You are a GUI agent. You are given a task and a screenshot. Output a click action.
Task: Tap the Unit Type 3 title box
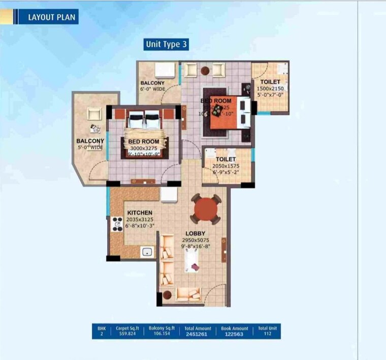click(167, 44)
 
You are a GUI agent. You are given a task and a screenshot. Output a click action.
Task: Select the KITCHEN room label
click(140, 213)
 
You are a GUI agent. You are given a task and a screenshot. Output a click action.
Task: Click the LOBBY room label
click(195, 234)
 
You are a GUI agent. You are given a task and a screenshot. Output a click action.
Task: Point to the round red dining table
click(206, 209)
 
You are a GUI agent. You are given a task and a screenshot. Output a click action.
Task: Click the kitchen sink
click(148, 251)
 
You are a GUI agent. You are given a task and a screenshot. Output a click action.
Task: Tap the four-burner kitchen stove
click(117, 224)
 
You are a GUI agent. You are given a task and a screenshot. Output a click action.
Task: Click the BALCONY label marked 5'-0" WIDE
click(90, 141)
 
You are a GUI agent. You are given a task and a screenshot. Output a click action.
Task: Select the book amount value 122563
click(235, 335)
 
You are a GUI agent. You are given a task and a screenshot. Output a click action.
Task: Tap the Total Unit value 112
click(268, 335)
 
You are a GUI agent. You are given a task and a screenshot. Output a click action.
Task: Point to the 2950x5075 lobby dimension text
click(195, 240)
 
